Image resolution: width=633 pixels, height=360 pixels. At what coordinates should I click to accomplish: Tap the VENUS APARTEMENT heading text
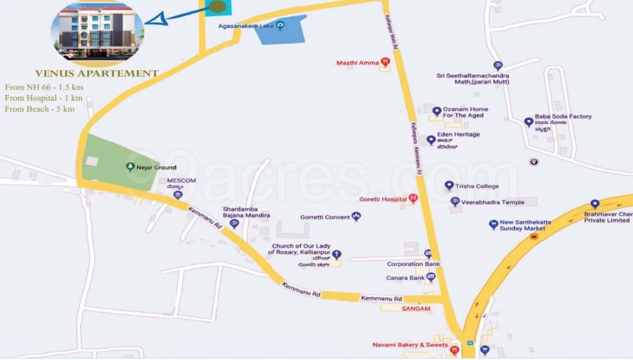97,73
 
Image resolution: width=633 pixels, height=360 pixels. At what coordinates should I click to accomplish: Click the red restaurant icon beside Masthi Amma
385,62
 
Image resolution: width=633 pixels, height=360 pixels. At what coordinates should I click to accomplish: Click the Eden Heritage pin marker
431,140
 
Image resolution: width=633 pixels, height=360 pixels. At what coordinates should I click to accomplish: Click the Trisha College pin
449,185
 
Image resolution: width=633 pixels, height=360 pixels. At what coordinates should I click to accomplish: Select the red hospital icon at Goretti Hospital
413,198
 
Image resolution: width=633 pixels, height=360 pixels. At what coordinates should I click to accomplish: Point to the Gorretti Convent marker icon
356,217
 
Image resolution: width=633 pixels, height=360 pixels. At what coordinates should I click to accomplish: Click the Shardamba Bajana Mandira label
246,213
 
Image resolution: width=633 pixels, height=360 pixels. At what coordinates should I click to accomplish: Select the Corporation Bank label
413,264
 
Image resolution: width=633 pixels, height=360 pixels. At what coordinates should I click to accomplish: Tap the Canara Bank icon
431,277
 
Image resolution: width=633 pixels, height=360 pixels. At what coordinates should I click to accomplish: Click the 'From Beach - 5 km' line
39,109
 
